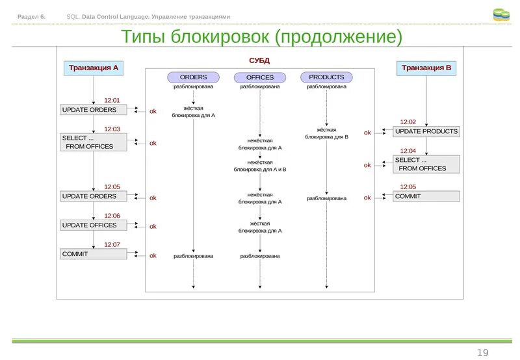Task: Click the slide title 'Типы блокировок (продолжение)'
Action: [261, 38]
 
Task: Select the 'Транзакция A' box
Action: [94, 68]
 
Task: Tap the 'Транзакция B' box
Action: [426, 68]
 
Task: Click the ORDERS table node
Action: [193, 77]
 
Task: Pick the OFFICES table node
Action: [260, 77]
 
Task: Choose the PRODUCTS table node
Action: [326, 77]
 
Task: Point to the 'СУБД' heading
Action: [259, 60]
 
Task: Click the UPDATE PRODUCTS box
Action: [426, 132]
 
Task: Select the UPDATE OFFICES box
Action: [94, 225]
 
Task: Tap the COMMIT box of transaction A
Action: [94, 254]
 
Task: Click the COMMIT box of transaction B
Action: [426, 196]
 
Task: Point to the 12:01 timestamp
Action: [112, 101]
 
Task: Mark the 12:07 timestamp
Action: [112, 245]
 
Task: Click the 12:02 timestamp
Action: [408, 122]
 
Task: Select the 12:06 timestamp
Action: [112, 216]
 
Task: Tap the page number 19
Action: [482, 352]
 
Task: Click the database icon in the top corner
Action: [501, 15]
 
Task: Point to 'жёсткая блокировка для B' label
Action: [326, 134]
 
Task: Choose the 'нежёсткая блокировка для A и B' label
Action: [260, 166]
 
